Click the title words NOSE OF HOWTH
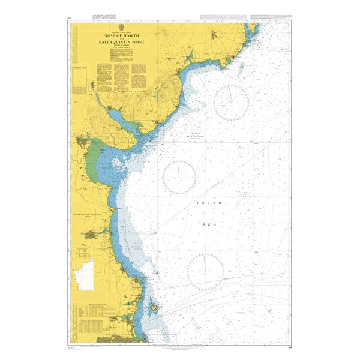[122, 35]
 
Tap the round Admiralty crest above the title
[122, 28]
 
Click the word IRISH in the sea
[205, 205]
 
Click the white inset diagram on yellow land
[82, 275]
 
